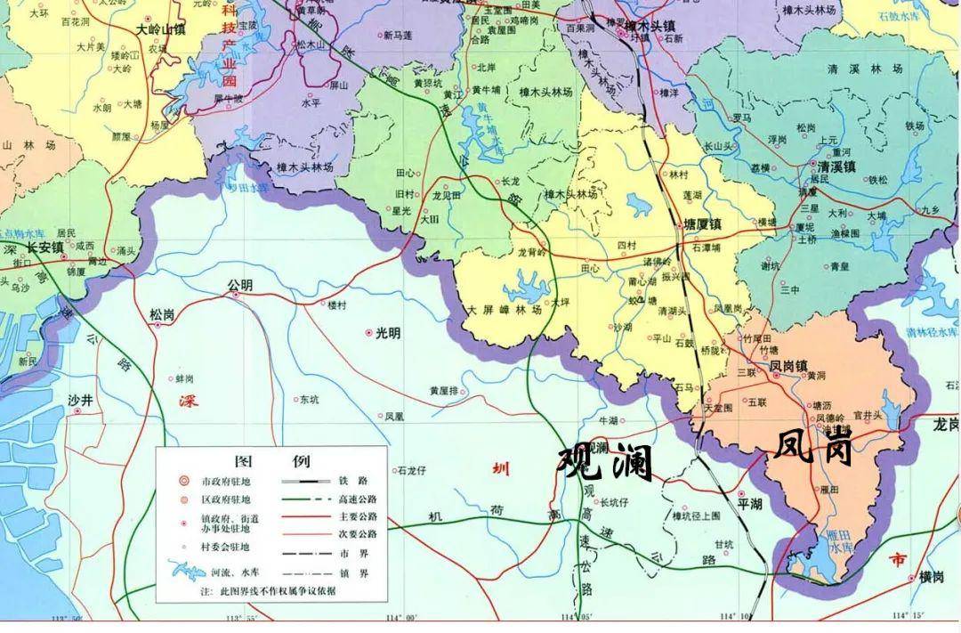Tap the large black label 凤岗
pos(813,448)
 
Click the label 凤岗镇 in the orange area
pos(788,365)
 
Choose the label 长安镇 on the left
pos(44,247)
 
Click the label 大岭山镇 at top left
pos(160,29)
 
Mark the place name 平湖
pos(750,504)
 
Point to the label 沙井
pos(80,402)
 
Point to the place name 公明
pos(240,285)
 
